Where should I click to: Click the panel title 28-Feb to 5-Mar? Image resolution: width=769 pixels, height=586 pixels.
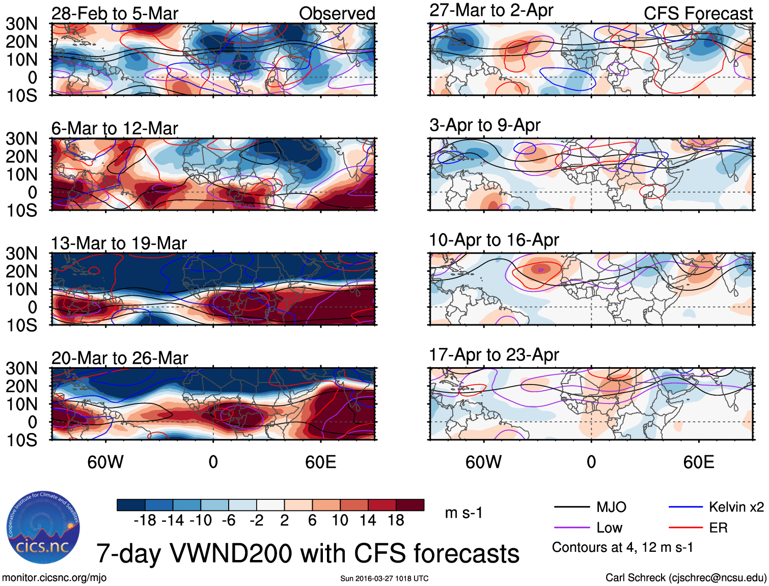click(x=115, y=14)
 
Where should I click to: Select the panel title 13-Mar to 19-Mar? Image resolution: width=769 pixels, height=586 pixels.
click(x=119, y=243)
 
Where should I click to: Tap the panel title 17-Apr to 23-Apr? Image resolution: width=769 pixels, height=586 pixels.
click(x=494, y=354)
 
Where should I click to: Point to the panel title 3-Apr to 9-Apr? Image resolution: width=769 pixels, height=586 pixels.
click(x=485, y=125)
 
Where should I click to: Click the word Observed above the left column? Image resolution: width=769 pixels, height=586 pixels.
click(x=337, y=14)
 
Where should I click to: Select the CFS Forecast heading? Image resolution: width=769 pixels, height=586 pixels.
click(x=698, y=14)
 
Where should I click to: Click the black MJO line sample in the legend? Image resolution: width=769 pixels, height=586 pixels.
click(x=572, y=507)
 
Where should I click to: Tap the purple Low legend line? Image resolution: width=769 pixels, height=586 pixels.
click(x=572, y=528)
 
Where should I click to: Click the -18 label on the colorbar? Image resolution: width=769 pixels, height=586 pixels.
click(x=145, y=520)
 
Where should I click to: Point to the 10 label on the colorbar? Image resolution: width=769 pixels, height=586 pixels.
click(x=340, y=520)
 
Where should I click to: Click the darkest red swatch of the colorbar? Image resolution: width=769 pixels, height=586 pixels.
click(x=410, y=505)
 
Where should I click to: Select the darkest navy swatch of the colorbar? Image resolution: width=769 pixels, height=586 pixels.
click(x=131, y=505)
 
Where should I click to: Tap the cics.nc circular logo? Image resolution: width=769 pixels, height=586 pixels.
click(x=43, y=527)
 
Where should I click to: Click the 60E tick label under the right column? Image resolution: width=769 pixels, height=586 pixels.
click(x=698, y=462)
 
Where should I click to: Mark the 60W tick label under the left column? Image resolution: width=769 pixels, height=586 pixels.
click(x=105, y=462)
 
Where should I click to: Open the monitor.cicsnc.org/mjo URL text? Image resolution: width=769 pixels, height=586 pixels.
click(x=54, y=577)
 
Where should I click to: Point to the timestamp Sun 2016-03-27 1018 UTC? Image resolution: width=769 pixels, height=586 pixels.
click(x=384, y=578)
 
